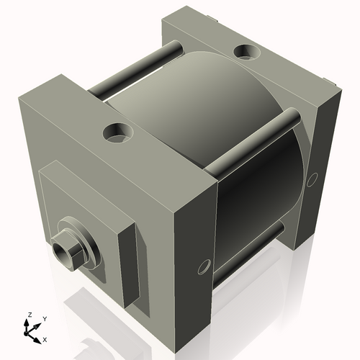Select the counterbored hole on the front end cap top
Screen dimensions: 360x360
coord(117,132)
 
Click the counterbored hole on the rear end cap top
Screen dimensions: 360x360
coord(247,52)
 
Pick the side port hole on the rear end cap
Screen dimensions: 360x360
coord(312,179)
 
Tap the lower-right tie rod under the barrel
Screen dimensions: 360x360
coord(248,252)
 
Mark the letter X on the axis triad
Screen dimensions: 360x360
coord(45,338)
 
